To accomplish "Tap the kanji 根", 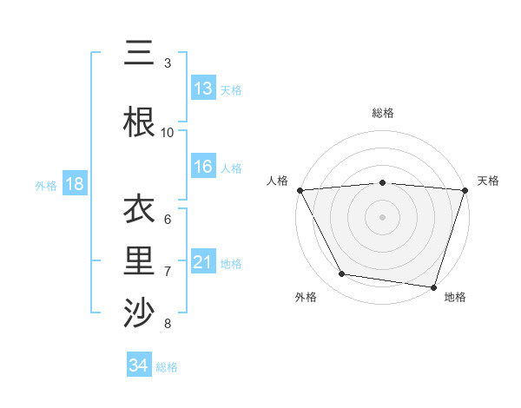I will click(x=139, y=122).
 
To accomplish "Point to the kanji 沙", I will click(x=139, y=313).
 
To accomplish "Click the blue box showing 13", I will click(x=203, y=88).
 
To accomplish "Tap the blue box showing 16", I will click(x=203, y=167).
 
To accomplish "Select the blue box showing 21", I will click(x=203, y=262).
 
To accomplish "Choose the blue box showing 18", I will click(x=74, y=184).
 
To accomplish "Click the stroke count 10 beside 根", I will click(x=168, y=132).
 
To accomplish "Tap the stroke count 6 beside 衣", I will click(x=168, y=219).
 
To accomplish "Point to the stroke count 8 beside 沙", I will click(x=168, y=324).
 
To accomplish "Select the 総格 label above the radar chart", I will click(x=383, y=113).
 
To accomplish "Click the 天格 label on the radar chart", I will click(x=488, y=181).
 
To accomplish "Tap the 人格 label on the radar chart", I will click(x=278, y=181).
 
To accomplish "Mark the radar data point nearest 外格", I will click(x=342, y=274).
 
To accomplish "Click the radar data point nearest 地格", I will click(x=433, y=286).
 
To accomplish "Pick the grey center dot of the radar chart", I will click(x=382, y=216).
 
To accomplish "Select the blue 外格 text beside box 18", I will click(x=46, y=185).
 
